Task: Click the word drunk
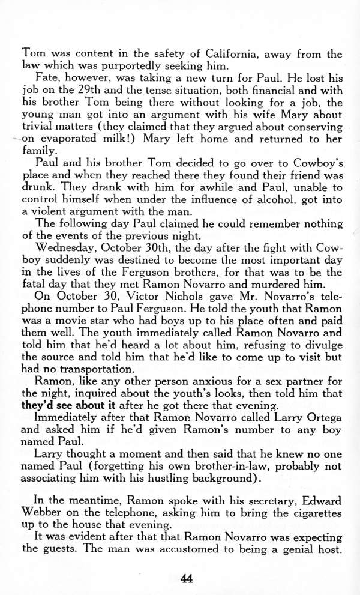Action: [37, 187]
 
